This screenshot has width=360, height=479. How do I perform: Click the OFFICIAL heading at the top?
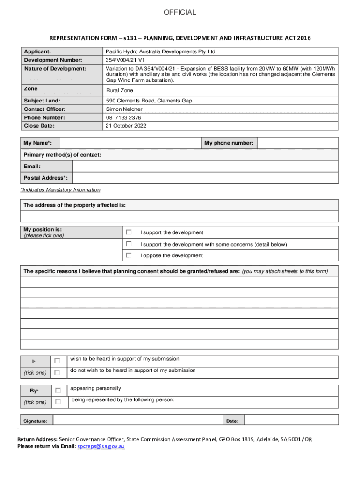[180, 13]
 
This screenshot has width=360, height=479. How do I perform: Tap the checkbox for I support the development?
[129, 232]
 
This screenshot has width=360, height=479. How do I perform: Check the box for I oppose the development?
[129, 255]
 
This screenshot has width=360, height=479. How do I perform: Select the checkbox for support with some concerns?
[129, 244]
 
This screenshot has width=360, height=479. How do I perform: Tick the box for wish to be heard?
[57, 361]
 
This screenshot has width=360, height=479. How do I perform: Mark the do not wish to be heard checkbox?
[57, 373]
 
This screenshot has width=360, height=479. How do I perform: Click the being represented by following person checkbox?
[58, 402]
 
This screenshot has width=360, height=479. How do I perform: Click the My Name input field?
[130, 143]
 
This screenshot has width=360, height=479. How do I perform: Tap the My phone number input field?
[297, 143]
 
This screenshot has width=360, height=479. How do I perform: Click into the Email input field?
[205, 167]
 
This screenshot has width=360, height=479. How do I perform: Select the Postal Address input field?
[205, 178]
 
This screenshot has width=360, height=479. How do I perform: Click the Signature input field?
[137, 420]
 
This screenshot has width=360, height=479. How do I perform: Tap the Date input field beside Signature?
[291, 420]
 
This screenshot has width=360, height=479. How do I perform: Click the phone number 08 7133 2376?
[123, 118]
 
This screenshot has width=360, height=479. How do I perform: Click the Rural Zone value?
[119, 91]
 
